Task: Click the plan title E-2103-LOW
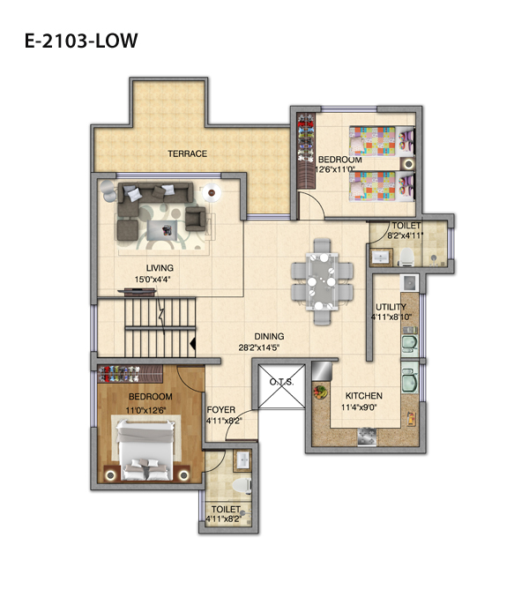81,41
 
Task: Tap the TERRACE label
188,153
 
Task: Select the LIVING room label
160,268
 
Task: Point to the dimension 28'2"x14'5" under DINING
259,347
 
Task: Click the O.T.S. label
281,382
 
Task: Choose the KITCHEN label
364,396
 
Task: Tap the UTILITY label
391,307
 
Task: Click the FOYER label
221,410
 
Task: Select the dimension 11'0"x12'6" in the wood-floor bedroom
146,410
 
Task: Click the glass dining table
323,281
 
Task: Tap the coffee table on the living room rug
162,230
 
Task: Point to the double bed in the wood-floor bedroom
145,450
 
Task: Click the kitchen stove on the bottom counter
367,437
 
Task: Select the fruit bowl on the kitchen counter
321,392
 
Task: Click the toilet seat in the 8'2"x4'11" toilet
406,257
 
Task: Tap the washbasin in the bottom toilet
242,460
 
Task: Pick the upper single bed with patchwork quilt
382,141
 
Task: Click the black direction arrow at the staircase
192,344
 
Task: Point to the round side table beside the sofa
212,192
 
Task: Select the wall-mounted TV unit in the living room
137,291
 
